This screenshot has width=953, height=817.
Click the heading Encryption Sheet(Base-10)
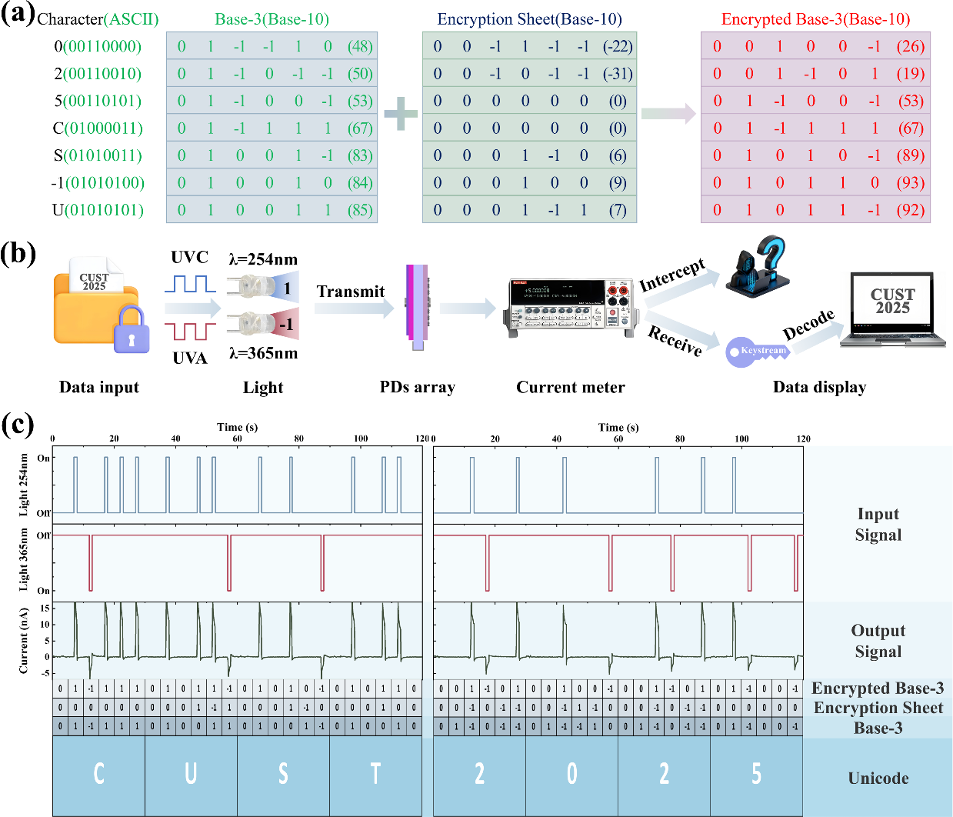click(x=529, y=19)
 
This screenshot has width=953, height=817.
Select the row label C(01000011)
click(x=98, y=128)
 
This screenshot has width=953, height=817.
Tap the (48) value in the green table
click(x=360, y=46)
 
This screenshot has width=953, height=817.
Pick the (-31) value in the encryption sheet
click(x=618, y=74)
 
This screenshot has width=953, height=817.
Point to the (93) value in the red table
click(x=911, y=183)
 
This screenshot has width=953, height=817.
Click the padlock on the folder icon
click(x=132, y=328)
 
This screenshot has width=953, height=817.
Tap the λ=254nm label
click(x=263, y=259)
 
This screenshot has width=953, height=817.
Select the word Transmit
click(x=351, y=292)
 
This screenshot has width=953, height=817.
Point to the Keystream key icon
click(x=757, y=352)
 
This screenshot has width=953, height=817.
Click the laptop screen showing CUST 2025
click(x=892, y=302)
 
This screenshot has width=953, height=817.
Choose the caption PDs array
click(x=418, y=387)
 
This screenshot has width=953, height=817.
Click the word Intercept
click(x=672, y=275)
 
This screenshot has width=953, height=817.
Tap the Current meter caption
click(x=571, y=387)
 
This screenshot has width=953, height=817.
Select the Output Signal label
click(x=878, y=641)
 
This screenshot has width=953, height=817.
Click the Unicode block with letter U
click(x=191, y=774)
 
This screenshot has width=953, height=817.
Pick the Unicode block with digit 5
click(x=756, y=774)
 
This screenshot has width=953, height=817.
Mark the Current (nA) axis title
click(x=24, y=640)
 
